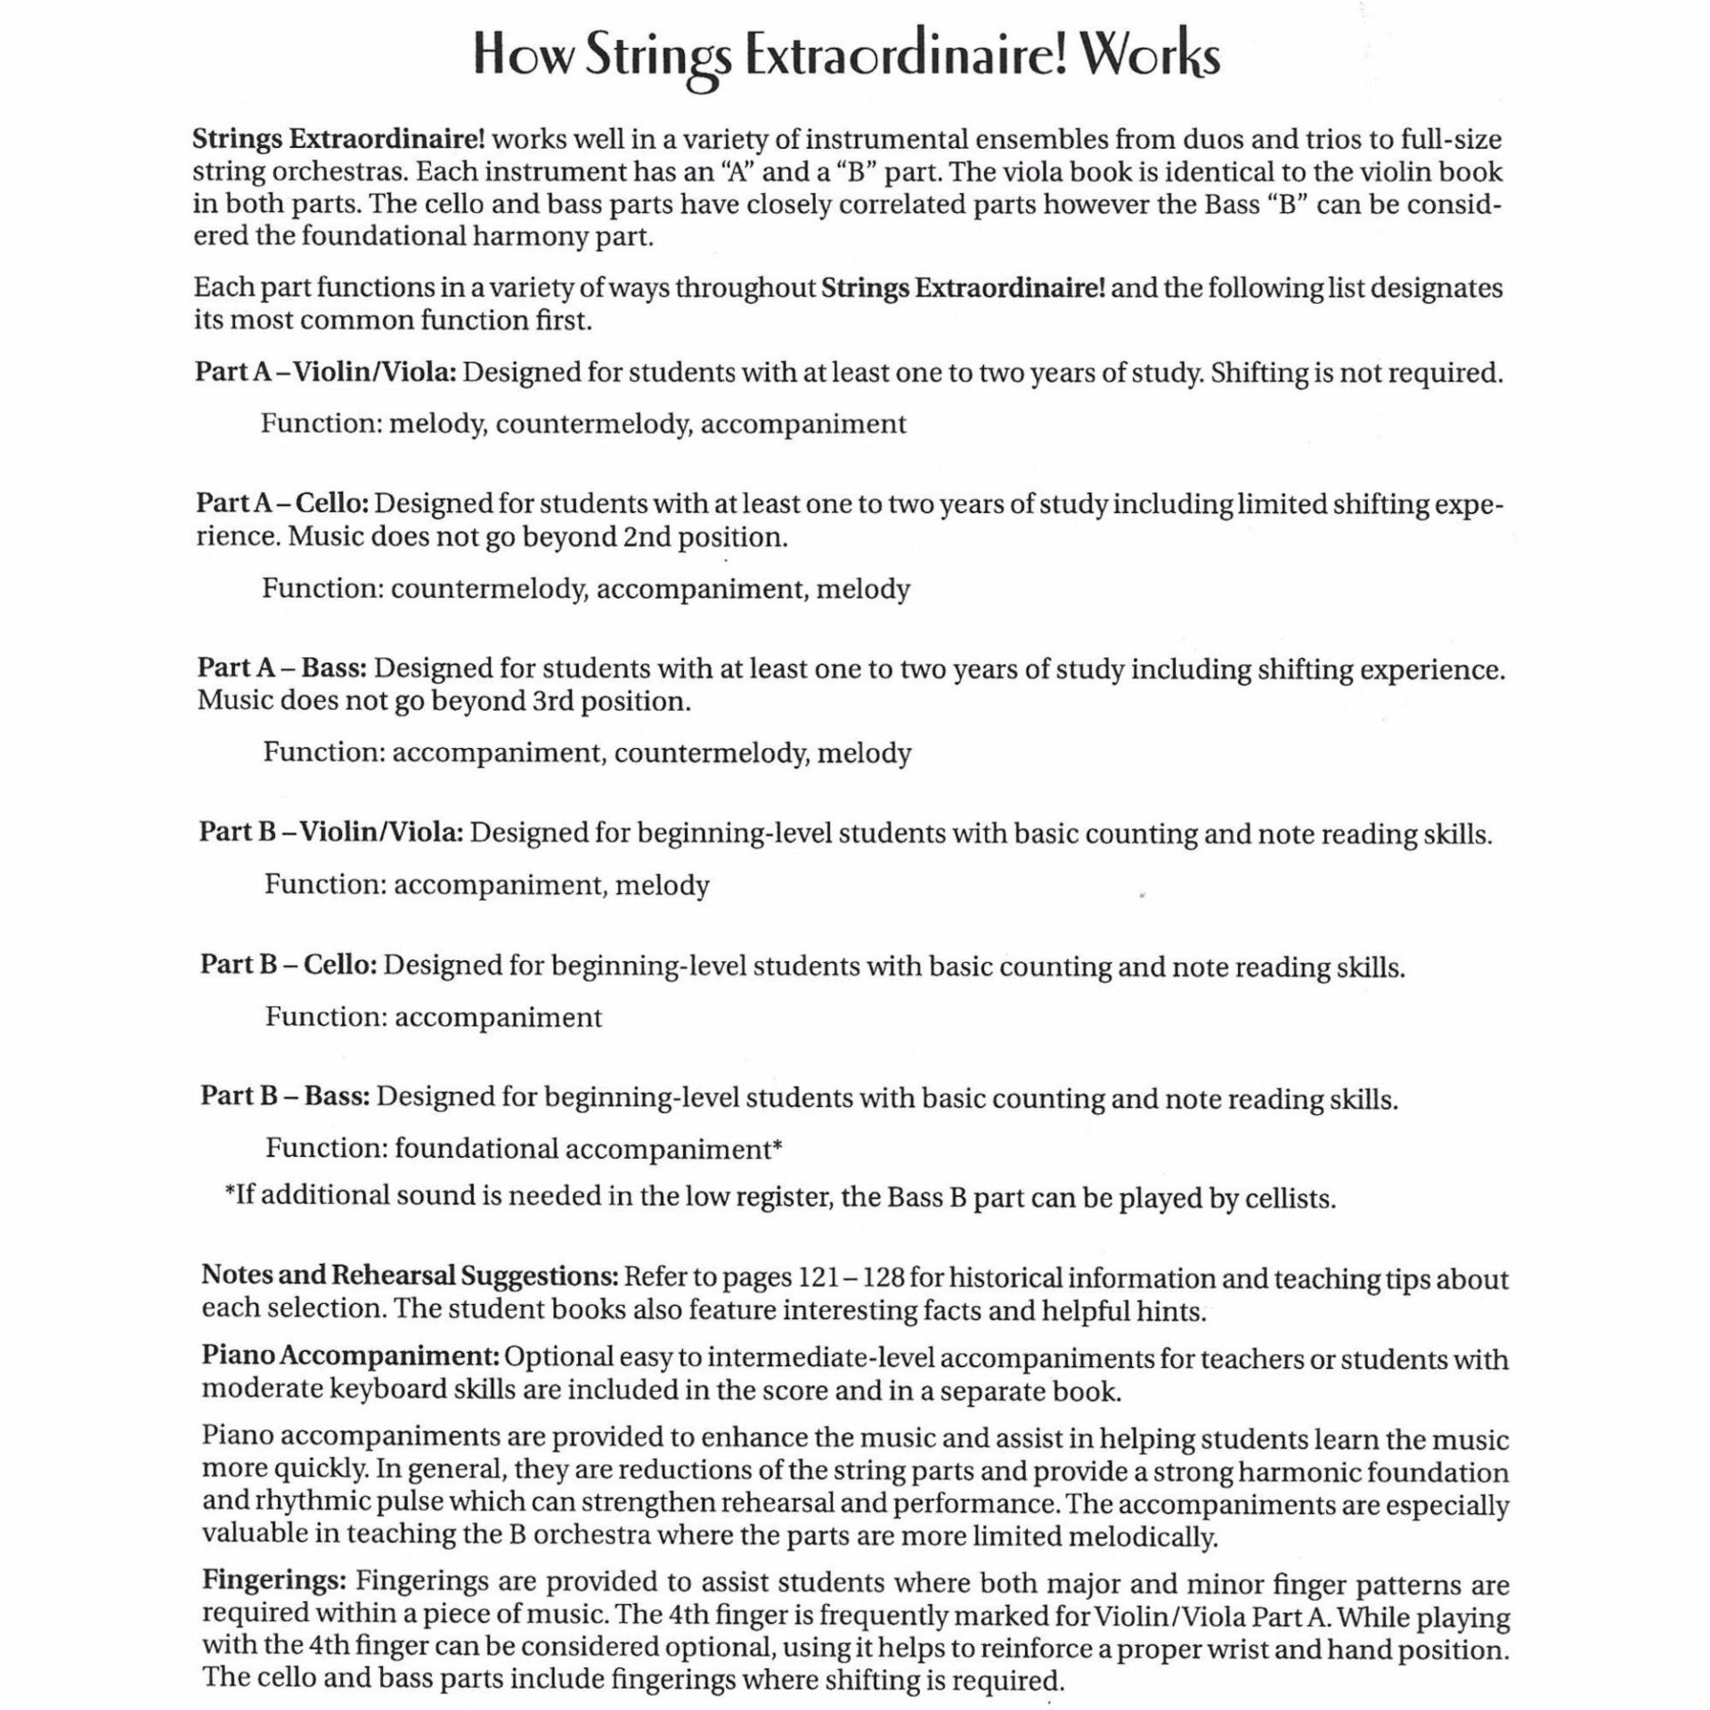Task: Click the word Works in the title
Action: coord(1149,57)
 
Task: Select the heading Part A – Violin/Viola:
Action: coord(326,373)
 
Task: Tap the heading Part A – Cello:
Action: coord(282,504)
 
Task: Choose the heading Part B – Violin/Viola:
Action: coord(330,833)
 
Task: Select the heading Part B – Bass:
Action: coord(284,1096)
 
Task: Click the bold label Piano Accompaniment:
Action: coord(350,1356)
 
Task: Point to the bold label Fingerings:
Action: coord(274,1582)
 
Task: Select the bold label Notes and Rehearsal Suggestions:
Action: coord(410,1276)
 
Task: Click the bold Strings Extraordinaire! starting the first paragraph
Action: coord(338,140)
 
